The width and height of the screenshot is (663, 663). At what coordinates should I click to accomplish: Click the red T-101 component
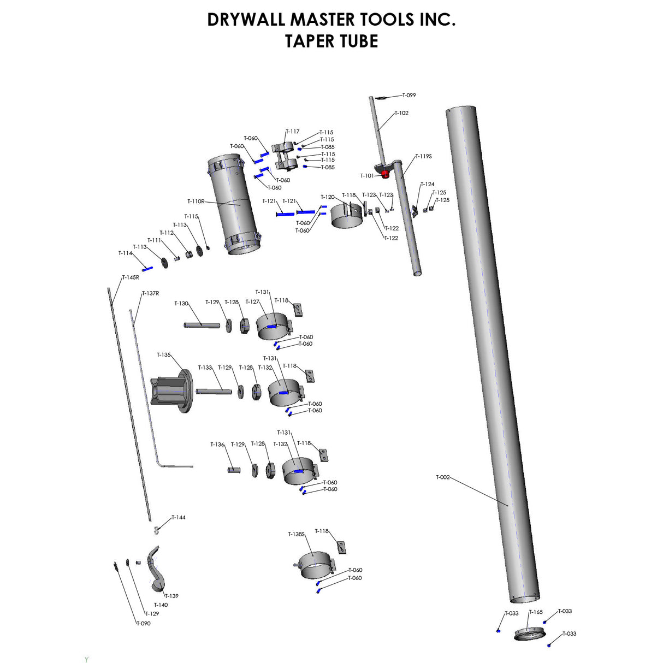click(385, 174)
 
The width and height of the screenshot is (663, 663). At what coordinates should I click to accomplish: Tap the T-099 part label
click(409, 96)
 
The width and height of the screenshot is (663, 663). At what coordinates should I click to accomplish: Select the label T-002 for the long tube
click(442, 477)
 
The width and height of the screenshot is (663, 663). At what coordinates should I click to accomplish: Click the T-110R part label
click(196, 202)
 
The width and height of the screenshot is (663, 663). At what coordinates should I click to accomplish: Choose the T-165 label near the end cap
click(536, 612)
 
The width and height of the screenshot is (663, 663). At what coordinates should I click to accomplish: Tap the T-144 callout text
click(179, 518)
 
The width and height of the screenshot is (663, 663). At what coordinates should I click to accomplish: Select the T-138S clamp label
click(296, 534)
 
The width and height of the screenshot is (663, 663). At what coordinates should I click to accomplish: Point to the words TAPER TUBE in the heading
click(331, 42)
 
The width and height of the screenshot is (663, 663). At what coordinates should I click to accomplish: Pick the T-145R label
click(130, 277)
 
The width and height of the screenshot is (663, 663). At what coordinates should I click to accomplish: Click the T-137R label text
click(151, 293)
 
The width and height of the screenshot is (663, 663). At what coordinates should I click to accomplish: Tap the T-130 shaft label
click(181, 304)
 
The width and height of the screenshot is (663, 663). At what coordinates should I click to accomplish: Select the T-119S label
click(423, 156)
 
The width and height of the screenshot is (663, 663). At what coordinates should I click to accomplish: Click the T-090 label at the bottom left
click(143, 624)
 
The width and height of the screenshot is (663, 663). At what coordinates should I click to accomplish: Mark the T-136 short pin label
click(217, 445)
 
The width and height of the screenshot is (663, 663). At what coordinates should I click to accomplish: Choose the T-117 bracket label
click(293, 132)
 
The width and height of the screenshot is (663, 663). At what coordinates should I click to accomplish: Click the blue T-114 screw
click(147, 268)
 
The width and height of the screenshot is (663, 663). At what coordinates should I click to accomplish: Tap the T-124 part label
click(428, 185)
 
